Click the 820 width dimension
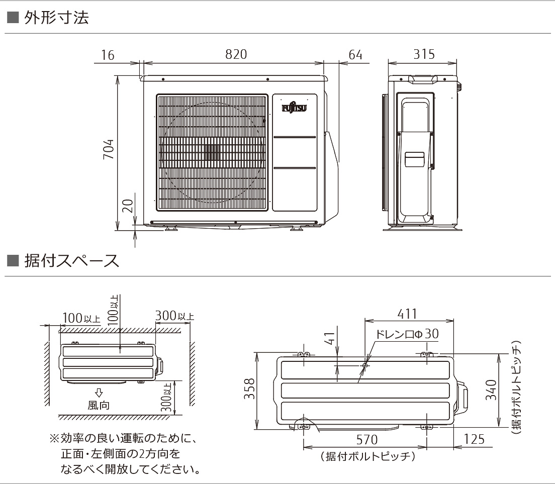(236, 55)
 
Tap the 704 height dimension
(109, 150)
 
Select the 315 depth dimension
(424, 54)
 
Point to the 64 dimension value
(355, 55)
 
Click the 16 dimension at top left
(107, 55)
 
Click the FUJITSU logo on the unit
(295, 108)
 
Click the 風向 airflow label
(99, 405)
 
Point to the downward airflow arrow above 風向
(99, 392)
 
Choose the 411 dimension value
(407, 314)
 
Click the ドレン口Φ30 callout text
(407, 334)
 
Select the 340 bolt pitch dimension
(491, 390)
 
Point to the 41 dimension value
(329, 340)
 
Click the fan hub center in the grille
(212, 152)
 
